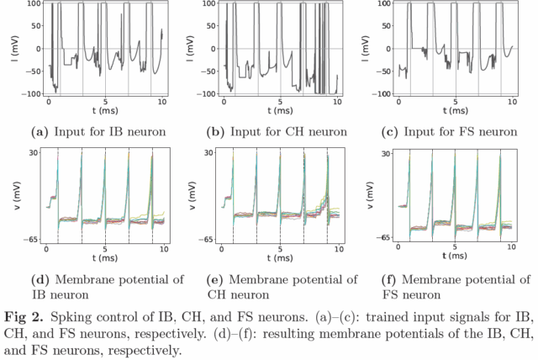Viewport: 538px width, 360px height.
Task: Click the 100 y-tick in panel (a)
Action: (34, 4)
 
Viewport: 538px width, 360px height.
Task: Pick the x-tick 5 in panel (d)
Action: (105, 251)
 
